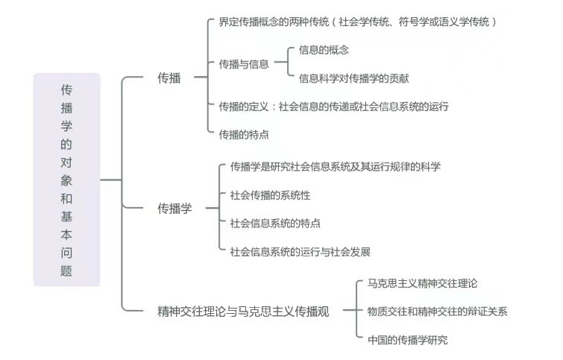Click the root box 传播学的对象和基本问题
66,180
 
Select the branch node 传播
169,78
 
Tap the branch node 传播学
174,209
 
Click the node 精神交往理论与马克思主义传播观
242,311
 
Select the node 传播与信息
244,64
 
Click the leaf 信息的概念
324,50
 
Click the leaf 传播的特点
244,133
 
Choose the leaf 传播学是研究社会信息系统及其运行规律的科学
335,166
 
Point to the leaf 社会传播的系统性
270,195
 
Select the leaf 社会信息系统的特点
275,223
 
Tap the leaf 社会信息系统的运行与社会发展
300,251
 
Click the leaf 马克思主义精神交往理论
422,283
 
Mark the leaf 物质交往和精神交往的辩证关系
437,312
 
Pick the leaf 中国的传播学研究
407,340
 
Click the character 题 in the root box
66,271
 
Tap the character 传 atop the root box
66,89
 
